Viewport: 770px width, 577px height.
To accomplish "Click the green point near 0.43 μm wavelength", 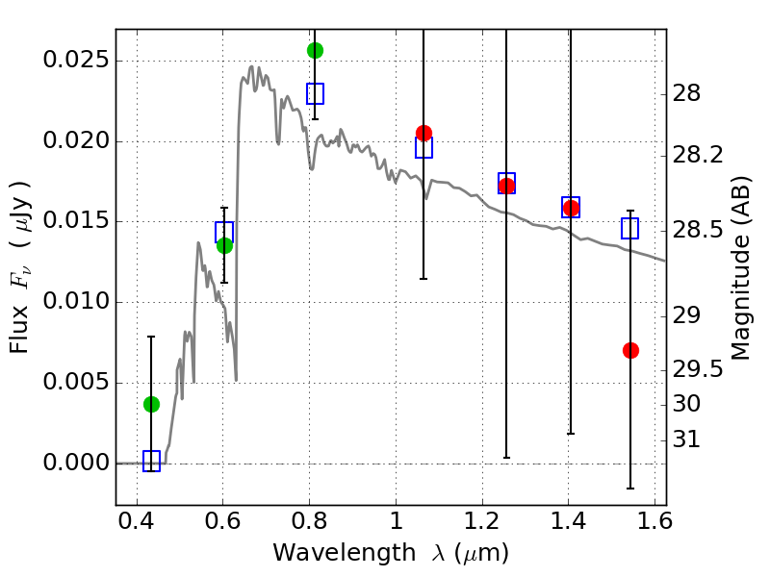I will pos(151,404).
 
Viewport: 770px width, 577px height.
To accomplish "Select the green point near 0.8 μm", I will pos(315,50).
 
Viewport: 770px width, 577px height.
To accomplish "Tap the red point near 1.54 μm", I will pos(630,350).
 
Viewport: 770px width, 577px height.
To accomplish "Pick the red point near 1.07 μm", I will pos(423,133).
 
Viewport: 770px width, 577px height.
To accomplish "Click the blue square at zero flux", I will pos(151,462).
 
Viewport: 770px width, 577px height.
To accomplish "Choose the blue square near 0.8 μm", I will pos(315,93).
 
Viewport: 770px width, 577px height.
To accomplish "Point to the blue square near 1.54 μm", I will pos(630,228).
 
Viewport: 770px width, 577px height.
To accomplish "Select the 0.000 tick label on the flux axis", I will pos(74,464).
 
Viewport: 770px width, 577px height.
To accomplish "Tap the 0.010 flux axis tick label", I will pos(74,303).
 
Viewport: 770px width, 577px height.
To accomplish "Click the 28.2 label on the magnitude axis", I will pos(701,155).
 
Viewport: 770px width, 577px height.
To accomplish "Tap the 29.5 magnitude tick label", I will pos(701,370).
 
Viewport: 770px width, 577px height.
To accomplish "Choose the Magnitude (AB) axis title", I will pos(740,270).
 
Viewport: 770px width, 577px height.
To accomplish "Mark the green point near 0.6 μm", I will pos(224,245).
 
